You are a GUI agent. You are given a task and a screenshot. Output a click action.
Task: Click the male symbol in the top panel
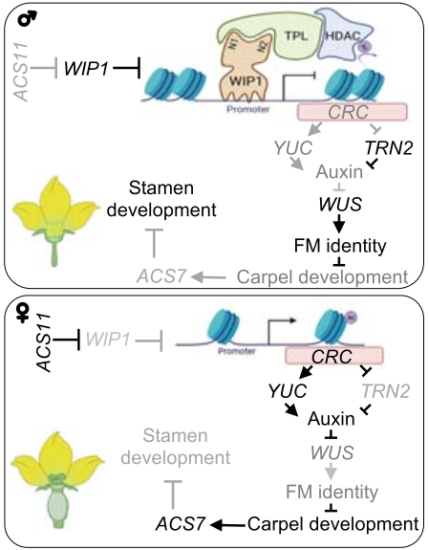(19, 20)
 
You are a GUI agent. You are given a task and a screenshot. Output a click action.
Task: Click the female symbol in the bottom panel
(18, 314)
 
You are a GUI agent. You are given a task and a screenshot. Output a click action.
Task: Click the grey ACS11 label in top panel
(24, 68)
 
